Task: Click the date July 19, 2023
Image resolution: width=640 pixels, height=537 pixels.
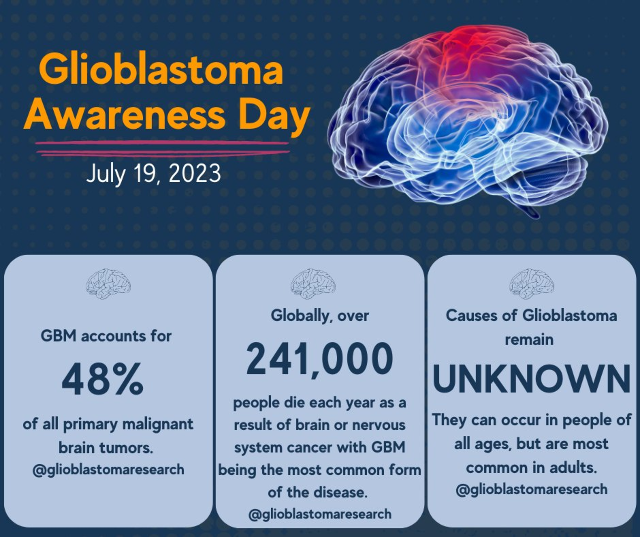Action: coord(153,173)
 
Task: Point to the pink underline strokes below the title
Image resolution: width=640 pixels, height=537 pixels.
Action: coord(162,149)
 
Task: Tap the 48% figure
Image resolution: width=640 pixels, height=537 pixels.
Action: coord(102,379)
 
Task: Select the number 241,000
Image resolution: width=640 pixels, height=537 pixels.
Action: coord(319,359)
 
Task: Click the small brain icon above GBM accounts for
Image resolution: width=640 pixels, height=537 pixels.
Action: coord(108,284)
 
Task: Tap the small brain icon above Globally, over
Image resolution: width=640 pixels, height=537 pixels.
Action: coord(313,284)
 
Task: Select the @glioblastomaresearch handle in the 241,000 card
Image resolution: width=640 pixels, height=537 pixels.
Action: coord(320,514)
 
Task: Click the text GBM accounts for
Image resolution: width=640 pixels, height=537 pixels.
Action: coord(106,336)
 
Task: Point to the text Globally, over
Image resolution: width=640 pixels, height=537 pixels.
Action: coord(320,316)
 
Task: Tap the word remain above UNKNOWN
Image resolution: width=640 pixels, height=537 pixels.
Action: coord(529,340)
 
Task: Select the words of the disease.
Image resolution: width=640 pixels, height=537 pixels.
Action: coord(317,492)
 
